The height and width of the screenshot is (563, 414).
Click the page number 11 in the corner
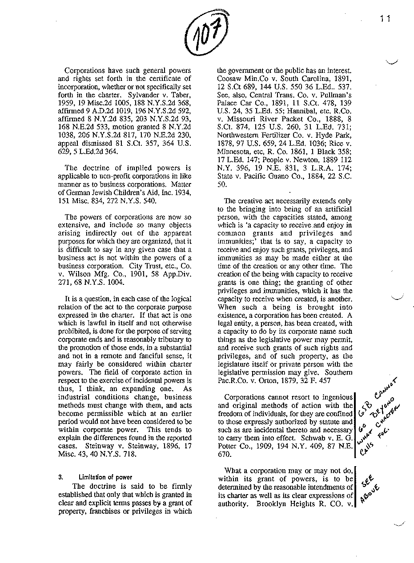pos(385,18)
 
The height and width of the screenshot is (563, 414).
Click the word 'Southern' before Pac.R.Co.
pos(338,372)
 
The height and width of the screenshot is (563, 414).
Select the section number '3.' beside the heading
pos(60,478)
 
